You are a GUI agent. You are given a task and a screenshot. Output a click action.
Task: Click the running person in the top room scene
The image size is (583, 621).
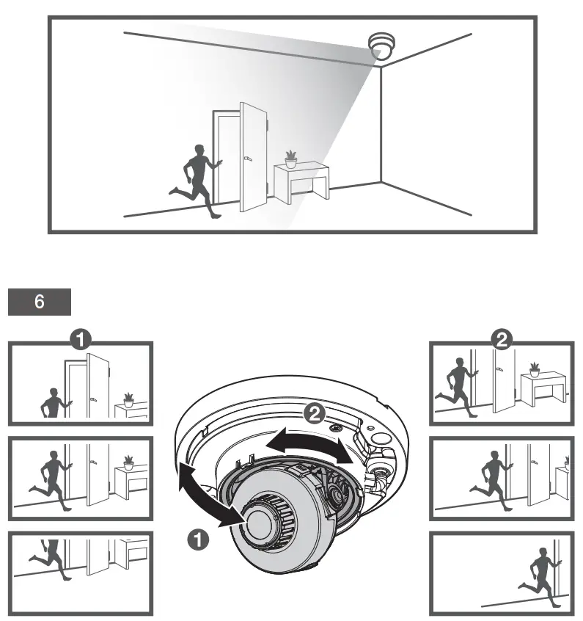[195, 179]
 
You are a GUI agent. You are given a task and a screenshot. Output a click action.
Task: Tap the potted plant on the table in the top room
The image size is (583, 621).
[291, 158]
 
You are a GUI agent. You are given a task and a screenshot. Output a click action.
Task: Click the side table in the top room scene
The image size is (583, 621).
[301, 183]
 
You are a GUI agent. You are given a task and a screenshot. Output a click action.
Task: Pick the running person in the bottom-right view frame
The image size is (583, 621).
[540, 573]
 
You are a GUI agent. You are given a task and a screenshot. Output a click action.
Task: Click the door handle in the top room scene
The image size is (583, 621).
[247, 158]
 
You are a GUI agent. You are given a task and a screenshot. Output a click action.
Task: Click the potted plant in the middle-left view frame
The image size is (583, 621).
[129, 462]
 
